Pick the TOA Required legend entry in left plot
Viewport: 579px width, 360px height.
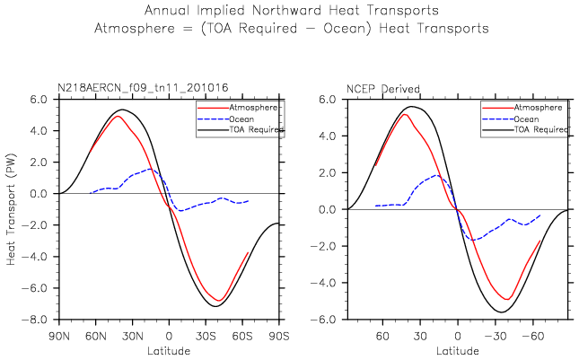(258, 130)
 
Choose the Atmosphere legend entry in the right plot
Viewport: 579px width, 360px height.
(540, 107)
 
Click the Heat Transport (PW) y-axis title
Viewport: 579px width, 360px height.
(13, 209)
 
